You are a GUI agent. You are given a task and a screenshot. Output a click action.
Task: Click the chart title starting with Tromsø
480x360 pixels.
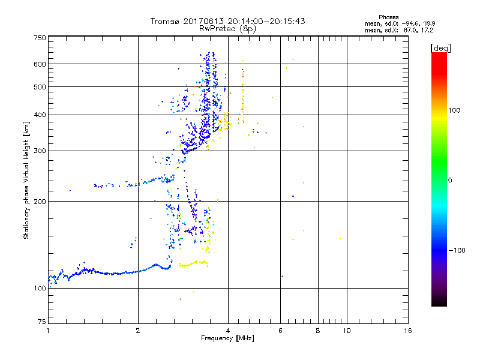[228, 21]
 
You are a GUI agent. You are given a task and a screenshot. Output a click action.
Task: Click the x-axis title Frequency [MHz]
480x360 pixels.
[227, 339]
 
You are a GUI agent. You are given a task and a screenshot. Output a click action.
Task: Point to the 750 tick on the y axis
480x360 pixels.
[40, 37]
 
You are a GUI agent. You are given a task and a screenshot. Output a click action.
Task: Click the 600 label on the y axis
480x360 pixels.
[40, 64]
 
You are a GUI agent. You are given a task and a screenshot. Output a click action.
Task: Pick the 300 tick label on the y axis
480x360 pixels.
[40, 151]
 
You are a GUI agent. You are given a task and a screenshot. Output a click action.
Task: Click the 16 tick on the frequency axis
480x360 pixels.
[407, 331]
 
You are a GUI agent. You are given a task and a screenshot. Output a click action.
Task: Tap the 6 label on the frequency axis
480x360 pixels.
[281, 331]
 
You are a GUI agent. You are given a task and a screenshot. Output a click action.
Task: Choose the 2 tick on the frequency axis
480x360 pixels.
[138, 331]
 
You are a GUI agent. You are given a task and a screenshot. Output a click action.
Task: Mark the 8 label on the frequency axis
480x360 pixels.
[318, 331]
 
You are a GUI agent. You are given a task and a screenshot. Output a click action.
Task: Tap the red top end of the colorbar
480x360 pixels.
[439, 55]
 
